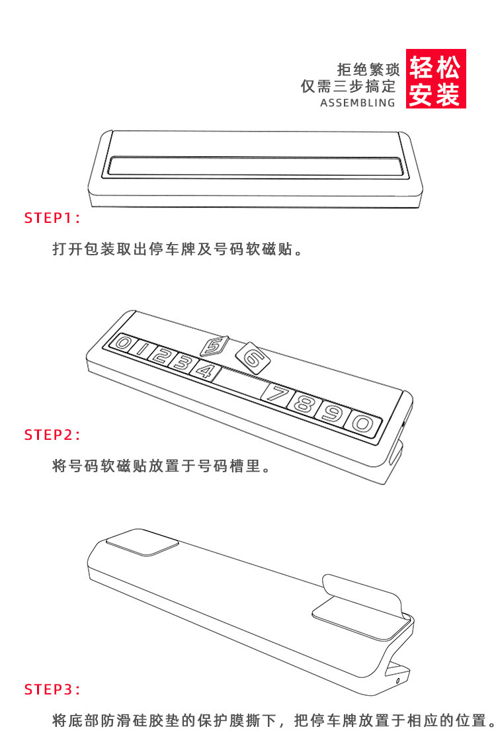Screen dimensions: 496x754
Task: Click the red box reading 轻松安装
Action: coord(436,79)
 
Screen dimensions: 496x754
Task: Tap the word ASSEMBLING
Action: coord(357,103)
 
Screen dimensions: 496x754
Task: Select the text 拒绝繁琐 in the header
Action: coord(368,69)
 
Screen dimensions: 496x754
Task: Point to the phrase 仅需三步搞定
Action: coord(348,86)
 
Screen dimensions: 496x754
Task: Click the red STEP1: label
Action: coord(53,218)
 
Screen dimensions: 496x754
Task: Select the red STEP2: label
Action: coord(53,435)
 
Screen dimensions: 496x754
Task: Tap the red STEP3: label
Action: coord(53,689)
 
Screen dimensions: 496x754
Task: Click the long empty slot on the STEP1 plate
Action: coord(255,166)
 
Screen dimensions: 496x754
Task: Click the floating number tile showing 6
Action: coord(253,358)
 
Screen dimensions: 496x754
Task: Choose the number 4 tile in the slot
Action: coord(206,370)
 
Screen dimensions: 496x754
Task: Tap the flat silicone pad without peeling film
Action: coord(143,542)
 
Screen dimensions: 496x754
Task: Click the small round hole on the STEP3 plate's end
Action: coord(397,681)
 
